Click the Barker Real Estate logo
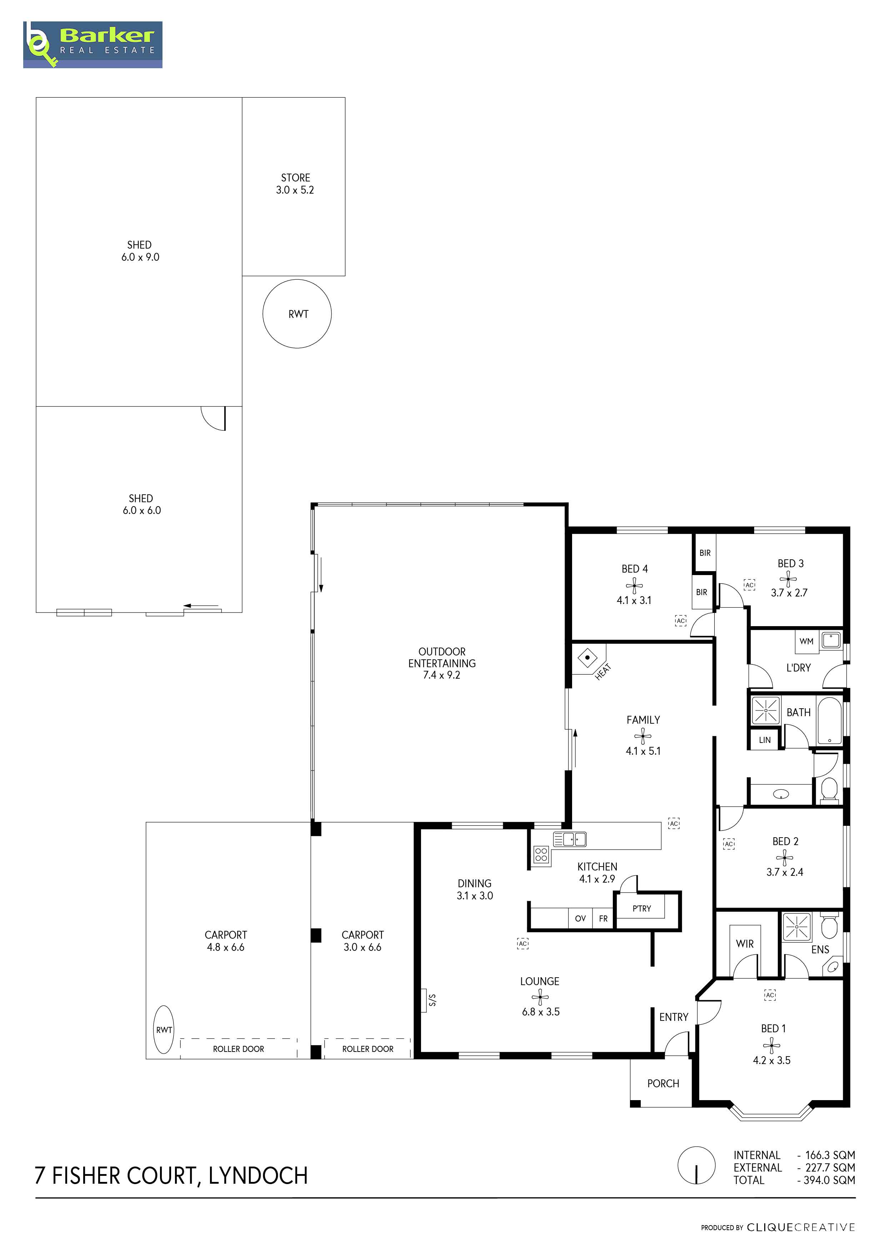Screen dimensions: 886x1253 (x=93, y=45)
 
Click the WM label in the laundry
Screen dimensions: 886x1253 (x=806, y=641)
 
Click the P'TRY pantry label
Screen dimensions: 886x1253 (x=642, y=908)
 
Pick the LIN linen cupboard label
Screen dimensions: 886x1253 (x=765, y=740)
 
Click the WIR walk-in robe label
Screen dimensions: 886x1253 (x=745, y=944)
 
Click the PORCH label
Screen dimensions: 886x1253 (x=663, y=1083)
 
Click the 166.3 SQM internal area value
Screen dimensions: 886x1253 (x=830, y=1155)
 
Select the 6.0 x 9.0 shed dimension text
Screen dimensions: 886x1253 (x=140, y=257)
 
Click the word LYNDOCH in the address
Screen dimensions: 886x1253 (x=258, y=1175)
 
